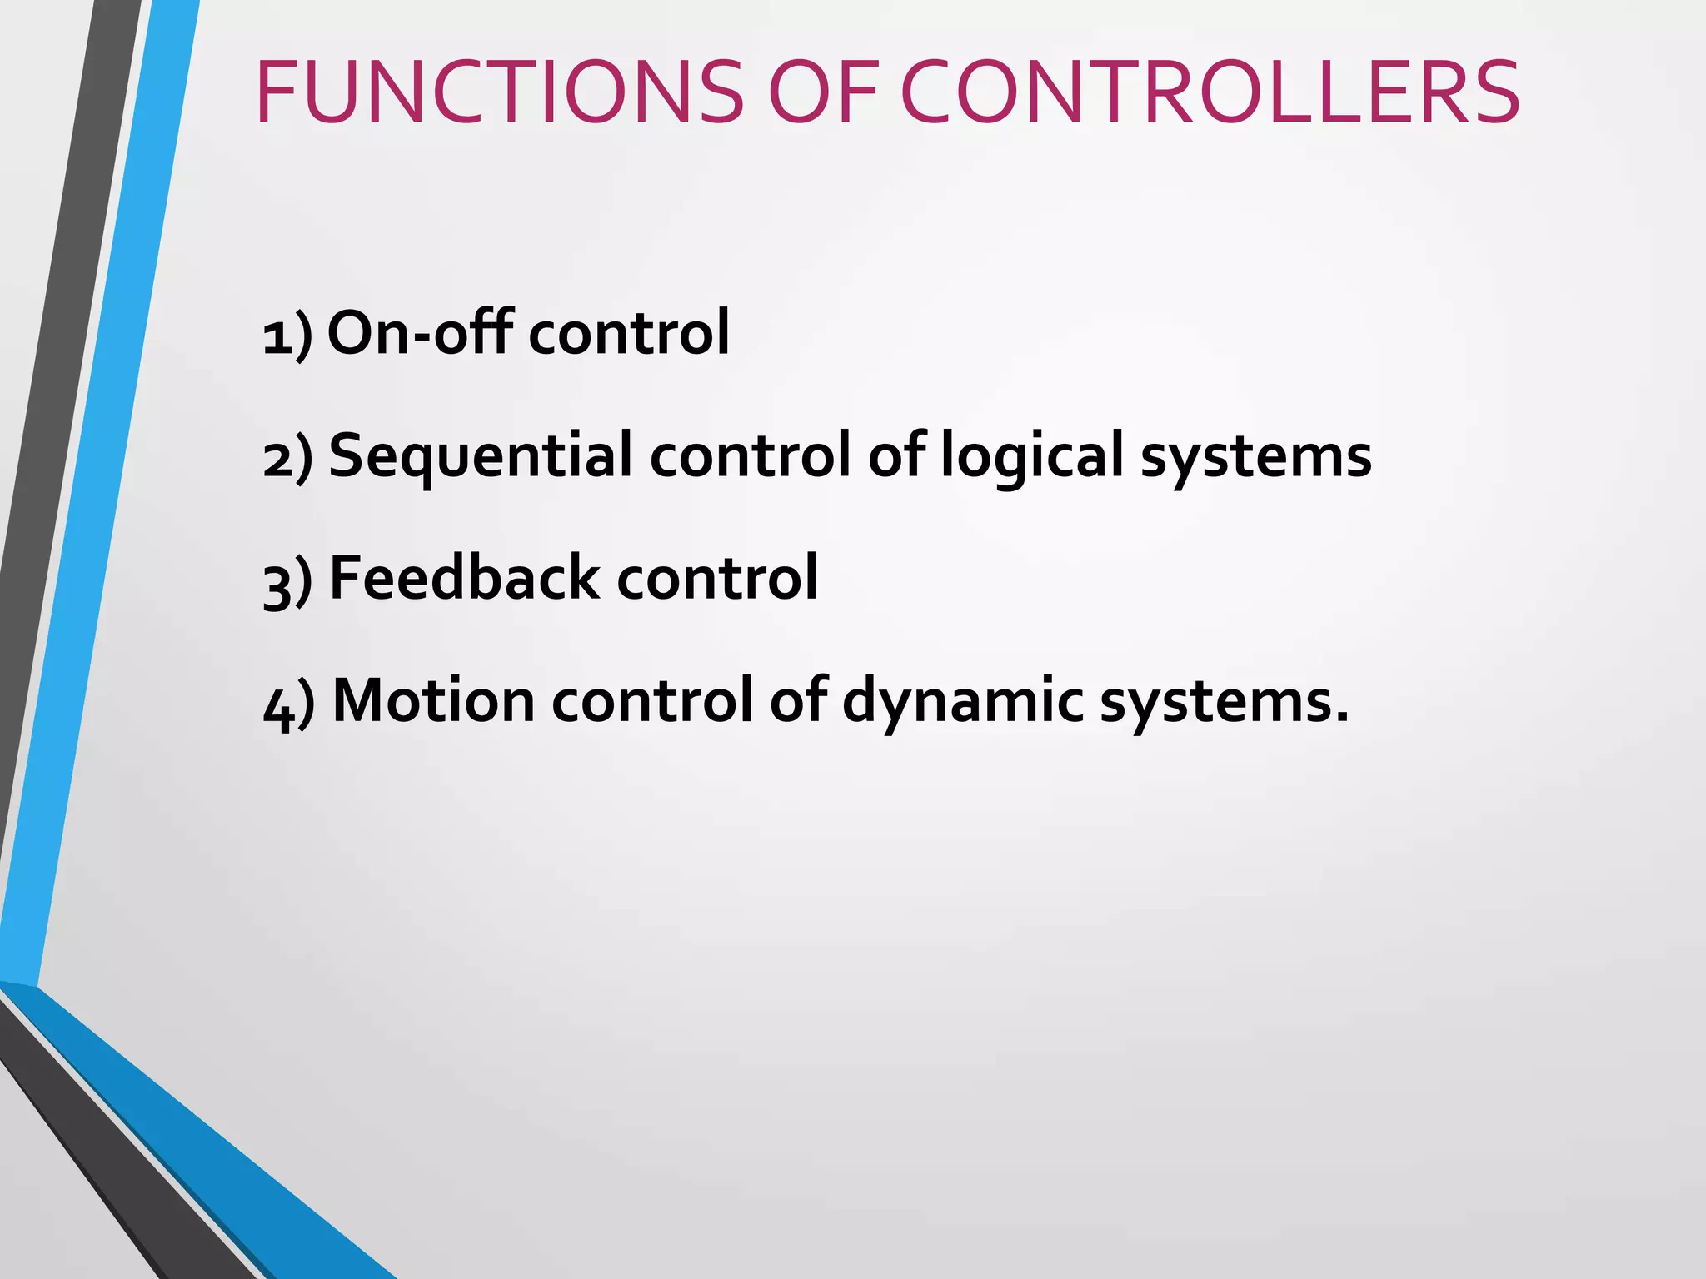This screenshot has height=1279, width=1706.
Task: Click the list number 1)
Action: [287, 335]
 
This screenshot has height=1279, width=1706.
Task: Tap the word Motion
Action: [433, 700]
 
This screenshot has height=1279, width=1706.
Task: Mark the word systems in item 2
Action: [1255, 457]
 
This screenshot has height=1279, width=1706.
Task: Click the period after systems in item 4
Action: [1340, 715]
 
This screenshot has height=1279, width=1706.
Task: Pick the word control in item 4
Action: [651, 700]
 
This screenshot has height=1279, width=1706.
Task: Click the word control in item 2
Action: [751, 455]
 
